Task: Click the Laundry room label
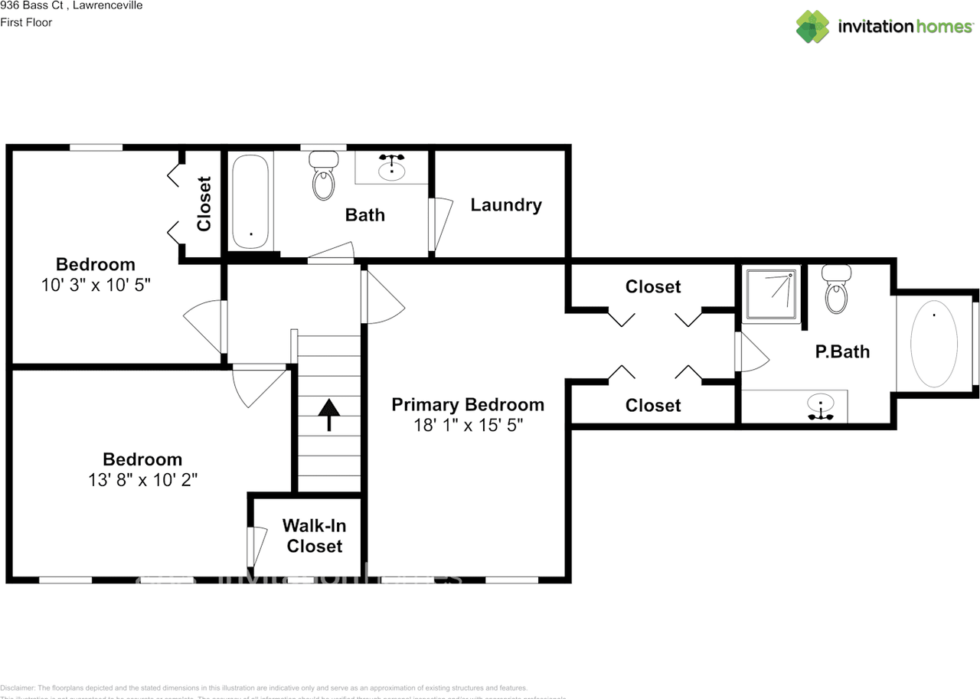click(506, 205)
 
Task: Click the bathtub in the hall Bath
click(250, 202)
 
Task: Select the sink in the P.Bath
click(822, 406)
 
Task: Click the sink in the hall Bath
click(392, 165)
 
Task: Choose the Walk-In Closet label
click(314, 536)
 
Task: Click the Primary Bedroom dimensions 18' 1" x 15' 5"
click(468, 426)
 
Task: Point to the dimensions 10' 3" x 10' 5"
click(96, 286)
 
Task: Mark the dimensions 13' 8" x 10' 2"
click(142, 480)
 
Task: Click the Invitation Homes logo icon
click(812, 27)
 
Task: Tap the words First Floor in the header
click(26, 22)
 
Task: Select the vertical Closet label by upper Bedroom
click(204, 204)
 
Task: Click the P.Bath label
click(842, 352)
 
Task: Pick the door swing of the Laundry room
click(442, 224)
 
